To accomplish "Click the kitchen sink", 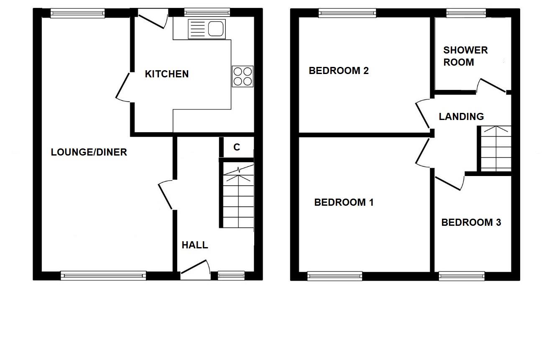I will [x=207, y=29].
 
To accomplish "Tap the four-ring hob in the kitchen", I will [x=243, y=77].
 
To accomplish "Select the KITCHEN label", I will [x=166, y=74].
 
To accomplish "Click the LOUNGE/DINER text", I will [x=89, y=152].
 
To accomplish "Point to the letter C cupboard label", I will [x=237, y=147].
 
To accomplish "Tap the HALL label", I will [x=195, y=245].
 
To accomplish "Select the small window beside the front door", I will [x=231, y=275].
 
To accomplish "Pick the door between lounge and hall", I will [x=165, y=195].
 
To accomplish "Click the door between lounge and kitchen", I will [x=123, y=87].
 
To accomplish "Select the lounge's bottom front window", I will [x=103, y=275].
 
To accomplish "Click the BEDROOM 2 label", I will [x=339, y=71].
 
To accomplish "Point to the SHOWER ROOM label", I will [x=465, y=56].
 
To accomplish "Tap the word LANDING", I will [x=461, y=117].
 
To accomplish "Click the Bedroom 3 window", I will [x=462, y=276].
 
